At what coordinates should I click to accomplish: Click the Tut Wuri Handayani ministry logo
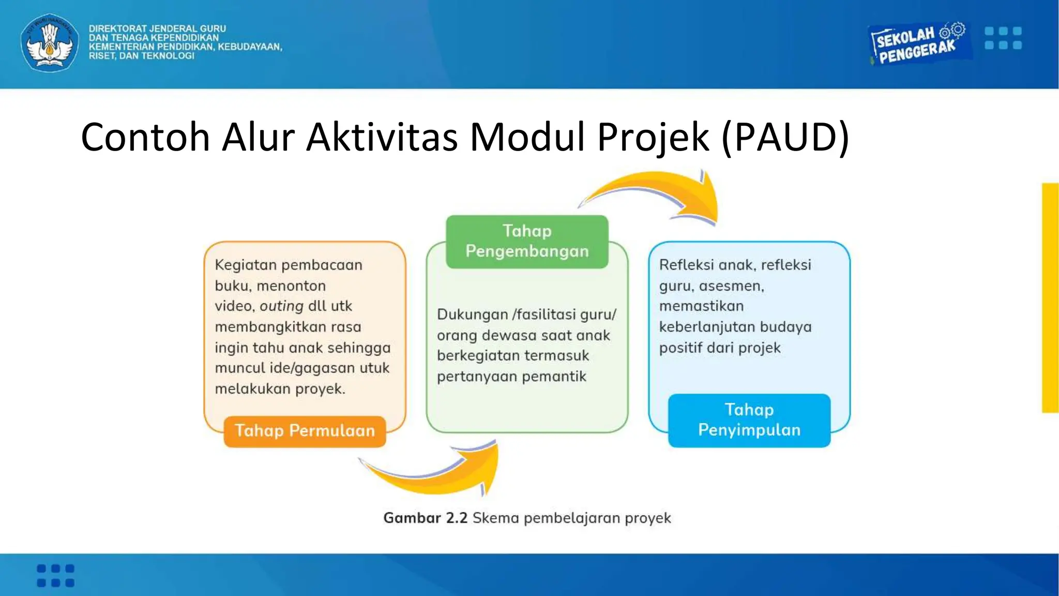click(50, 42)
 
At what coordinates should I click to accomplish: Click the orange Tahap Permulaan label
click(305, 431)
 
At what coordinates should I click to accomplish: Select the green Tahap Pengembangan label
click(527, 241)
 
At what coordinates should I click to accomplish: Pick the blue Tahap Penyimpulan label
click(749, 420)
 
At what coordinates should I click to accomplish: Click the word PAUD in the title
click(785, 138)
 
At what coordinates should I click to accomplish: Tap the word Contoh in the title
click(145, 138)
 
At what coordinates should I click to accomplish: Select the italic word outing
click(281, 306)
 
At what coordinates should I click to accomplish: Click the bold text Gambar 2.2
click(425, 518)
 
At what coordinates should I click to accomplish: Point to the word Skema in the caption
click(495, 518)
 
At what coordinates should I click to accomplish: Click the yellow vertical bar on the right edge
click(1050, 297)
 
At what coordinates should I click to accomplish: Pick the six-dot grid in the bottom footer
click(55, 575)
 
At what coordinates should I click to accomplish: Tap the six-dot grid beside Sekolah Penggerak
click(1003, 38)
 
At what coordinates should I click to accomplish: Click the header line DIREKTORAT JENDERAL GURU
click(157, 28)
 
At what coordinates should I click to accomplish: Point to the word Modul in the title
click(526, 138)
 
